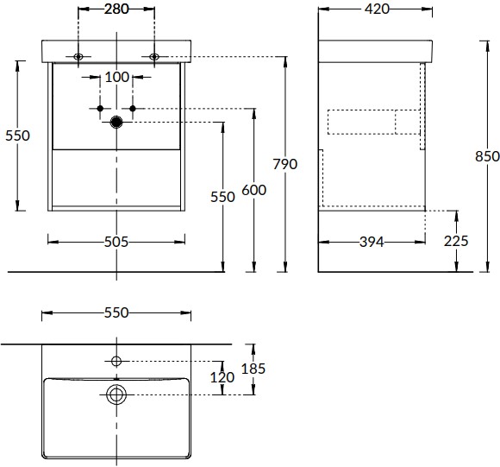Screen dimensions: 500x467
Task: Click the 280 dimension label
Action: [x=116, y=9]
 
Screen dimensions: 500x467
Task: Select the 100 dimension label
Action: [x=116, y=77]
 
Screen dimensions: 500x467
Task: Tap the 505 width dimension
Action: [x=116, y=242]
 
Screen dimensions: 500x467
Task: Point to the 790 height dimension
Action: [x=285, y=164]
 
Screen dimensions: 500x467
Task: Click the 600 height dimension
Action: [x=253, y=190]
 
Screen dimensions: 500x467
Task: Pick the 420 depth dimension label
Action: [x=377, y=9]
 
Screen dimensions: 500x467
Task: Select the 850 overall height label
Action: [x=487, y=156]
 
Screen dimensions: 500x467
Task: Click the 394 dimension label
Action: [x=372, y=242]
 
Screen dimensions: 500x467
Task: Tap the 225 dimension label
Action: [x=456, y=241]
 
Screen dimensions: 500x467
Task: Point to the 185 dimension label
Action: [x=253, y=369]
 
